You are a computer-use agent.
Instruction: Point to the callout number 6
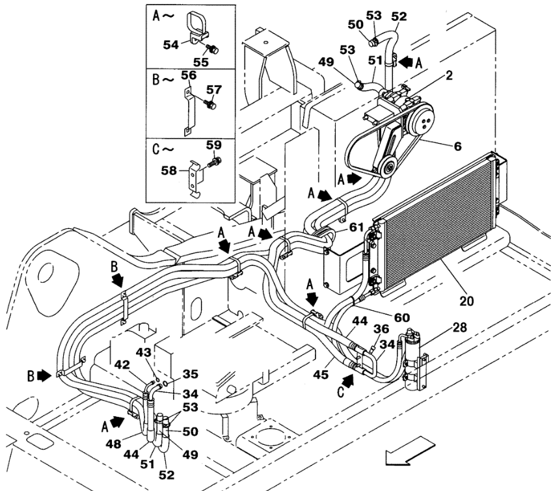pyautogui.click(x=457, y=147)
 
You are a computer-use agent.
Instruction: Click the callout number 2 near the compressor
pyautogui.click(x=450, y=76)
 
